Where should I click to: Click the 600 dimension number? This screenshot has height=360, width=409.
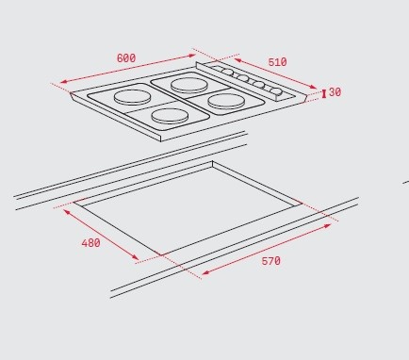pyautogui.click(x=126, y=58)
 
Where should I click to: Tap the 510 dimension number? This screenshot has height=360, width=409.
pyautogui.click(x=277, y=62)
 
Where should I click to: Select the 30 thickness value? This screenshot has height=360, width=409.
pyautogui.click(x=335, y=92)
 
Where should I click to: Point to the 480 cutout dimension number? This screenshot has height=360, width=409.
pyautogui.click(x=90, y=243)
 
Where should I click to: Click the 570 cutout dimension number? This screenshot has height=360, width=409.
pyautogui.click(x=271, y=261)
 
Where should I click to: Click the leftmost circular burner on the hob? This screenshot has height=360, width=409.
pyautogui.click(x=132, y=97)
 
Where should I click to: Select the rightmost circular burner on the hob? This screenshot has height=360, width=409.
pyautogui.click(x=226, y=102)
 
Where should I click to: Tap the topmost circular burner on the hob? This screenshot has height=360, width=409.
pyautogui.click(x=189, y=85)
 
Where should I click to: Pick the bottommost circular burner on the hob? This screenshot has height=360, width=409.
pyautogui.click(x=170, y=116)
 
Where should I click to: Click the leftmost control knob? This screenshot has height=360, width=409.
pyautogui.click(x=228, y=73)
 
